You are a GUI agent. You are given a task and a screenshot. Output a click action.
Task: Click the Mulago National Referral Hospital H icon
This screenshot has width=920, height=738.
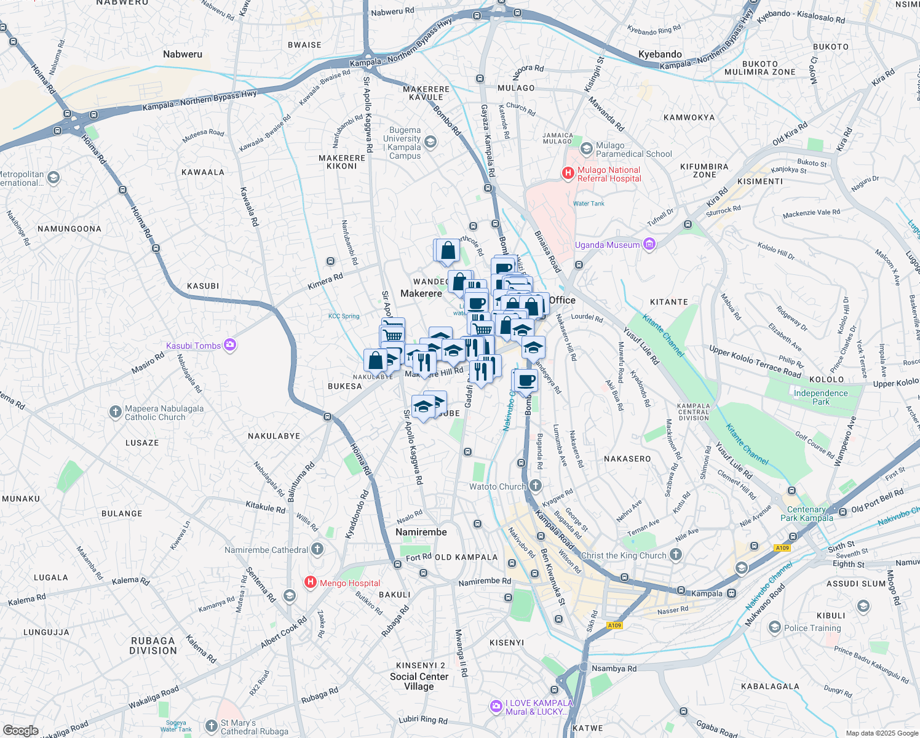tap(568, 174)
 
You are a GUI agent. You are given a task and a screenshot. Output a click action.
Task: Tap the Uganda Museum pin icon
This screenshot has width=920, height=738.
tap(649, 245)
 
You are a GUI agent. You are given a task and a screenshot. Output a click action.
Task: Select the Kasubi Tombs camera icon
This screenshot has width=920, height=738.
tap(230, 345)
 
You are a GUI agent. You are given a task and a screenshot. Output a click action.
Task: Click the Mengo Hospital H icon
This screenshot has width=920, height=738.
tap(311, 582)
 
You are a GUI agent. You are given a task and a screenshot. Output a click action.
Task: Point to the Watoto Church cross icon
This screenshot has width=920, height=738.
tap(536, 486)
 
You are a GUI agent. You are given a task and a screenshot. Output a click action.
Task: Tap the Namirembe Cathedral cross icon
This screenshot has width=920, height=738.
tap(317, 549)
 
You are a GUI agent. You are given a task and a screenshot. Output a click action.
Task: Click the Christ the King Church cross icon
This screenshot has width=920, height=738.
tap(676, 555)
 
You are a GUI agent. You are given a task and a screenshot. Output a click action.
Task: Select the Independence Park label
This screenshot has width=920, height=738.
tap(820, 397)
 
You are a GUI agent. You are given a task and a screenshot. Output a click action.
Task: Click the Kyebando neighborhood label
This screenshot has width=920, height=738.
tap(660, 54)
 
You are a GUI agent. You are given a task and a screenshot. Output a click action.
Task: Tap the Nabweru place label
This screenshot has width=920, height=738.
tap(183, 54)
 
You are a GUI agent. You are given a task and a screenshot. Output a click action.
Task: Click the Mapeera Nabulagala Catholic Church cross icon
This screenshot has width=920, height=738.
tap(116, 412)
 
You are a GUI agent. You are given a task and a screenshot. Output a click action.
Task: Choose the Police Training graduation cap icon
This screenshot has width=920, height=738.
tap(775, 627)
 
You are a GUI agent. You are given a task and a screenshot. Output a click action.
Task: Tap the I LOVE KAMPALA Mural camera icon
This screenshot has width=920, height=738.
tap(496, 707)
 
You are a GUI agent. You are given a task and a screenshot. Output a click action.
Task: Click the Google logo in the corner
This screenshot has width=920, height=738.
tap(21, 730)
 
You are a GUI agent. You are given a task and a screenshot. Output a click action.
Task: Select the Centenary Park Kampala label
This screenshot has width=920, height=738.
tap(806, 514)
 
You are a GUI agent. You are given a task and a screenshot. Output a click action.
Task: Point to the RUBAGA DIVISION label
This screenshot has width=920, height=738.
tap(153, 646)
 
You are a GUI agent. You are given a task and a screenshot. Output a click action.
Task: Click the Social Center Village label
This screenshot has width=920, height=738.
tap(419, 681)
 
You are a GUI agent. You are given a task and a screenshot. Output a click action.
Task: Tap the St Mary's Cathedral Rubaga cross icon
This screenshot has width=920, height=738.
tap(212, 726)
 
